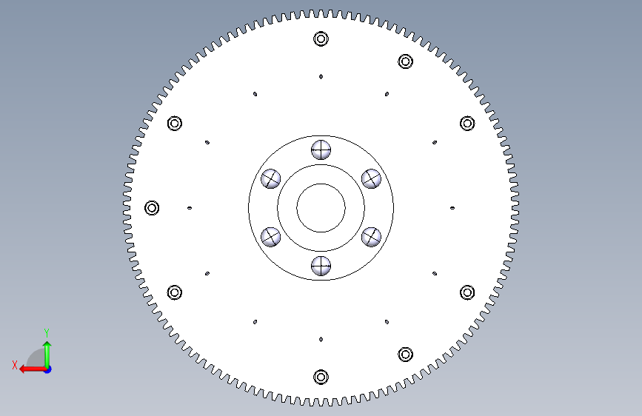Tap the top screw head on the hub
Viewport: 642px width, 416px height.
point(321,150)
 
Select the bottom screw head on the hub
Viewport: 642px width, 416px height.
point(321,266)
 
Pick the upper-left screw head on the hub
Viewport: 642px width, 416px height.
point(270,179)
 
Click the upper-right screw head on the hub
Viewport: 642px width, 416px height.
point(372,179)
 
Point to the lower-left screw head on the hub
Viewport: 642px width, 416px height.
point(270,237)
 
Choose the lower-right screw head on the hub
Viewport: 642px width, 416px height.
point(372,237)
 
